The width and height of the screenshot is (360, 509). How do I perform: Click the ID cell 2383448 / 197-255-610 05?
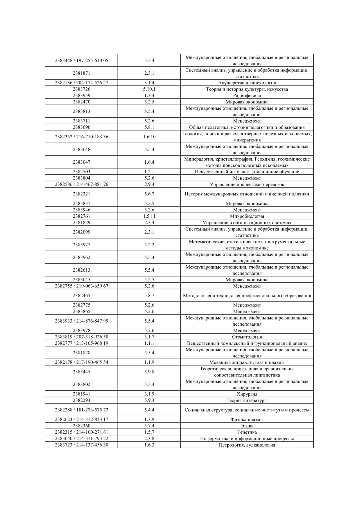click(81, 60)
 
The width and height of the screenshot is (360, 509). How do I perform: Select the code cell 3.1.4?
click(149, 83)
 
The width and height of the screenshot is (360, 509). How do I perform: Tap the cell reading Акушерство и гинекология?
click(247, 83)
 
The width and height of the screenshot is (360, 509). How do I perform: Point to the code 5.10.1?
click(149, 89)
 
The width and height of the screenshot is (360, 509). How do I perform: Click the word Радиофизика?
click(247, 95)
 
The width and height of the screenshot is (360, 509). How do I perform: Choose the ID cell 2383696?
click(81, 127)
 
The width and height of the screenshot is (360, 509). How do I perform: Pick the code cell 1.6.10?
click(149, 137)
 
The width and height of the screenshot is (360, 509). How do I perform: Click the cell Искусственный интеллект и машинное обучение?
click(247, 172)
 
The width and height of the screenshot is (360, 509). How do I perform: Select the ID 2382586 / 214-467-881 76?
click(81, 184)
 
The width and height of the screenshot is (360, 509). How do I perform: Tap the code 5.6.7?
click(149, 194)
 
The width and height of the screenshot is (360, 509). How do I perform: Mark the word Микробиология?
click(247, 216)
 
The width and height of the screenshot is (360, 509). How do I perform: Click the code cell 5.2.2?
click(149, 245)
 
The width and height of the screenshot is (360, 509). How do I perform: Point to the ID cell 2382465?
click(81, 295)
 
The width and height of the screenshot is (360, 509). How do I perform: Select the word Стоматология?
click(247, 337)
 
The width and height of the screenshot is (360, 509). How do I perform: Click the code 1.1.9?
click(149, 362)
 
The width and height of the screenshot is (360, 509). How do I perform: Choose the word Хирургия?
click(247, 394)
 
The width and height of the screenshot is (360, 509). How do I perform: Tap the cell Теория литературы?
click(247, 400)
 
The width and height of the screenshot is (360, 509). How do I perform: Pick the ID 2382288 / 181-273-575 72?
click(81, 410)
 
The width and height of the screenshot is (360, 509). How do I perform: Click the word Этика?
click(247, 426)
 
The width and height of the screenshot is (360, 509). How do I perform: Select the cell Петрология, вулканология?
click(247, 445)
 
